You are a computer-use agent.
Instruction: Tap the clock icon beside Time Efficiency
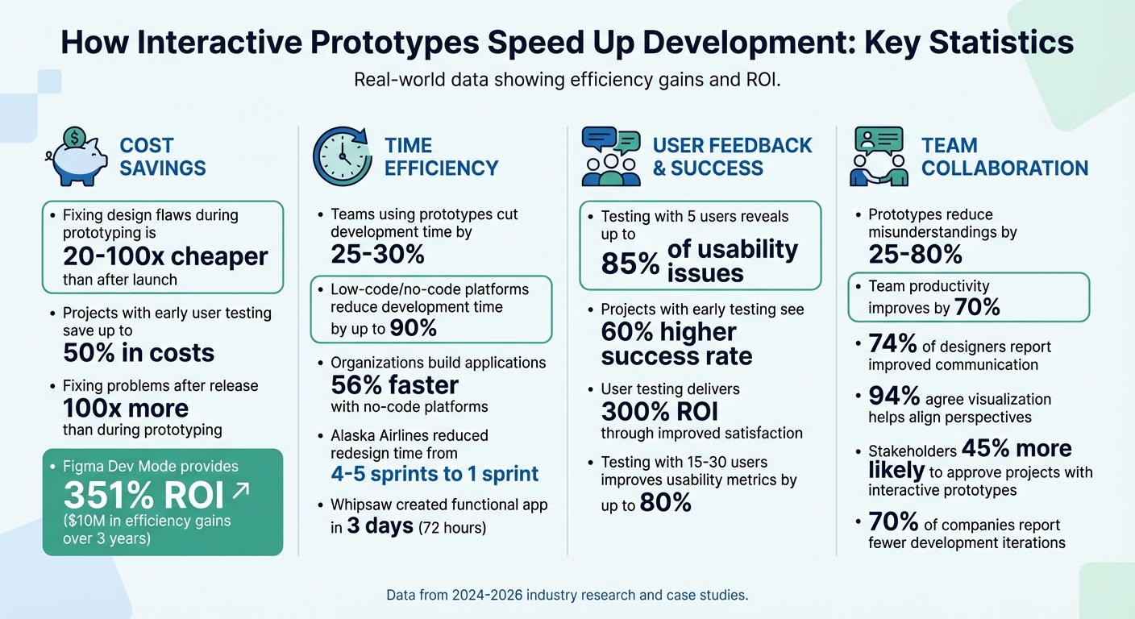pyautogui.click(x=343, y=156)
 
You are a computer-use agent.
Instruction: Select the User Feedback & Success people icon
pyautogui.click(x=611, y=156)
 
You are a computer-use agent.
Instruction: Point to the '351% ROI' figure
pyautogui.click(x=143, y=496)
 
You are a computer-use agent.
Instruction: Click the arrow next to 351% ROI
pyautogui.click(x=240, y=489)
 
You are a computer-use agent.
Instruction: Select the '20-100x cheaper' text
pyautogui.click(x=165, y=257)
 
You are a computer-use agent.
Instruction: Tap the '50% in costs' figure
pyautogui.click(x=139, y=353)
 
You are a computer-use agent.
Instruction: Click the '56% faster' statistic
pyautogui.click(x=394, y=384)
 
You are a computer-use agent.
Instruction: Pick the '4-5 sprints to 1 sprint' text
pyautogui.click(x=434, y=474)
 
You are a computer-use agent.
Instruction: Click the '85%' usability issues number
pyautogui.click(x=630, y=264)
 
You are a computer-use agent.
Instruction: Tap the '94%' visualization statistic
pyautogui.click(x=892, y=397)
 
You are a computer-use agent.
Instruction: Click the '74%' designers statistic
pyautogui.click(x=892, y=344)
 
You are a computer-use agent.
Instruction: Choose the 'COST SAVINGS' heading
pyautogui.click(x=163, y=156)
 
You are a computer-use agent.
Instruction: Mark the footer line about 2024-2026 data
pyautogui.click(x=567, y=596)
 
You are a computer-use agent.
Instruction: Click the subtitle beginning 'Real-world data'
pyautogui.click(x=567, y=81)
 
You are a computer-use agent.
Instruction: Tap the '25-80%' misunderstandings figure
pyautogui.click(x=915, y=255)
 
